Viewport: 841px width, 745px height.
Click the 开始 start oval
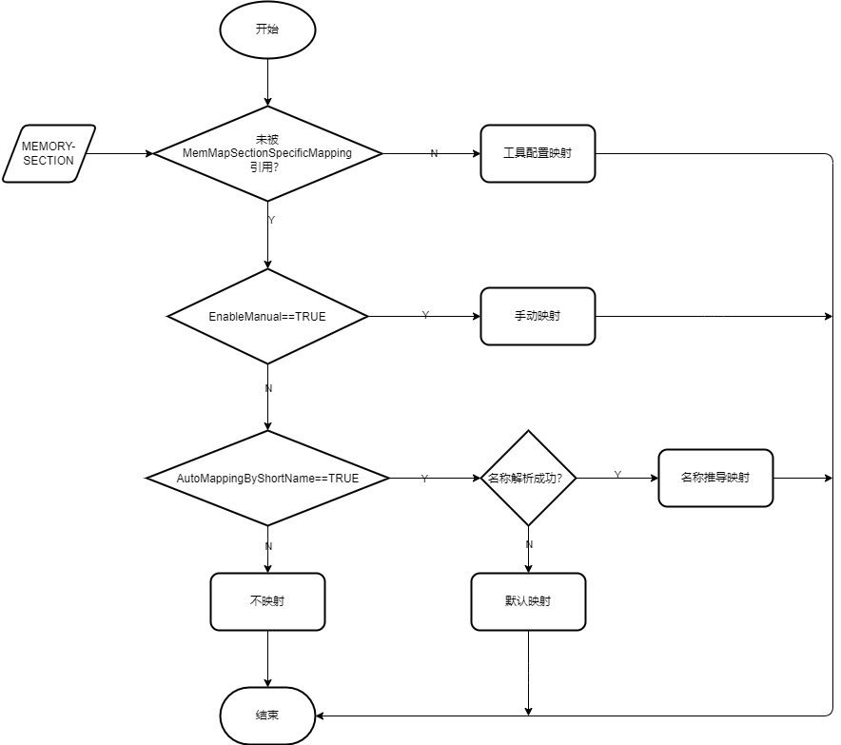pos(267,29)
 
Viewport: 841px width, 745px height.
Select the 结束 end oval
pos(267,715)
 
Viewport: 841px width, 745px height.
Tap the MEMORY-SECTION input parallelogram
pos(49,153)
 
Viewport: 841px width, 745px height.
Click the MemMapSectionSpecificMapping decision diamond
pos(267,153)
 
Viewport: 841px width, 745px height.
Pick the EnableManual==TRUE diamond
pos(267,316)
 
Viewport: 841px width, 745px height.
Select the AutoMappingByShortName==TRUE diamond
pos(267,478)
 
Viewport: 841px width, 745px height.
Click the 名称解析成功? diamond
pos(530,478)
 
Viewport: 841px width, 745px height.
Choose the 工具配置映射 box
pos(538,153)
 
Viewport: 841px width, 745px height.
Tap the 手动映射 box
pos(538,316)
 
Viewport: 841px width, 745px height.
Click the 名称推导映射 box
pos(715,478)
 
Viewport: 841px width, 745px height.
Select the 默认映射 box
pos(528,601)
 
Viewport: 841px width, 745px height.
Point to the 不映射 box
pos(267,601)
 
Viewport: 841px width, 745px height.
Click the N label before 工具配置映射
pos(434,154)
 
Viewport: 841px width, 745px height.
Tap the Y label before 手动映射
pos(424,315)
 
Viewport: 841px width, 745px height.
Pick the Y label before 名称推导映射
pos(617,474)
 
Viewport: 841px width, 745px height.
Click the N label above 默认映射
pos(529,544)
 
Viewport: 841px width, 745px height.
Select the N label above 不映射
pos(268,546)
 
